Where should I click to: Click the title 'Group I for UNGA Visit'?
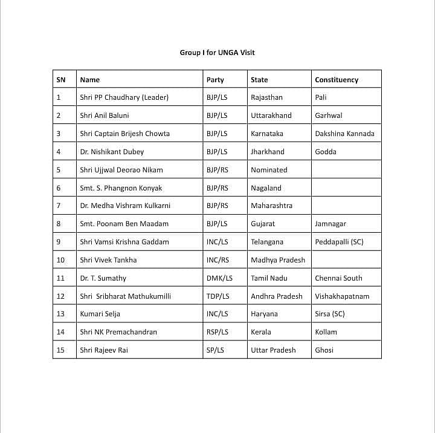[x=217, y=53]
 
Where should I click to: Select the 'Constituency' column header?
[x=337, y=80]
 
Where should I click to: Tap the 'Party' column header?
[x=215, y=80]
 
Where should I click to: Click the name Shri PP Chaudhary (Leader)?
[x=124, y=97]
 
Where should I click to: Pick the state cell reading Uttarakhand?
[x=271, y=116]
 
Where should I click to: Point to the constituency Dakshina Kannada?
[x=344, y=134]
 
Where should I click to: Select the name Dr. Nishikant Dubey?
[x=112, y=152]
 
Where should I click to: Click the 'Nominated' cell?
[x=269, y=170]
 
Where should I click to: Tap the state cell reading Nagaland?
[x=266, y=188]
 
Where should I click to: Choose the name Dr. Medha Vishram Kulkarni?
[x=125, y=206]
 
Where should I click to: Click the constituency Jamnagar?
[x=330, y=224]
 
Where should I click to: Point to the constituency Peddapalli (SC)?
[x=339, y=242]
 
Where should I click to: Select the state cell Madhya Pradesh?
[x=278, y=260]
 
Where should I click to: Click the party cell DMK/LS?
[x=219, y=278]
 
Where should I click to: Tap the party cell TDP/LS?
[x=218, y=296]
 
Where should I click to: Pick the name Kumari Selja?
[x=100, y=314]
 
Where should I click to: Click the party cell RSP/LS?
[x=217, y=332]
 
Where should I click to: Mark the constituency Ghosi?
[x=324, y=350]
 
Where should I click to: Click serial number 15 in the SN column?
[x=60, y=350]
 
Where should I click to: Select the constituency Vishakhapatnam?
[x=342, y=296]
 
